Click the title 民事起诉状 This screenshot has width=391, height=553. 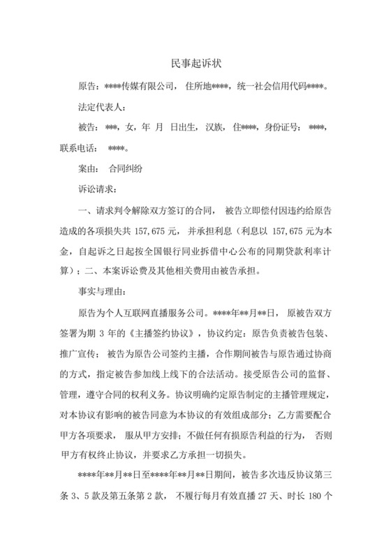click(x=195, y=64)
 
